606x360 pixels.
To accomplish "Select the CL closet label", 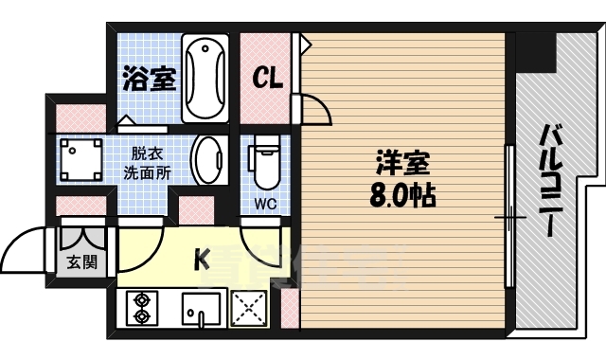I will pyautogui.click(x=266, y=79).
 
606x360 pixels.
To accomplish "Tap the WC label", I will pyautogui.click(x=264, y=203).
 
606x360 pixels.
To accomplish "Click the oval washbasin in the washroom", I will pyautogui.click(x=208, y=159).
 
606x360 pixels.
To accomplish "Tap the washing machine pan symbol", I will pyautogui.click(x=82, y=160).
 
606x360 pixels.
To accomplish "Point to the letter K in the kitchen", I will pyautogui.click(x=201, y=258).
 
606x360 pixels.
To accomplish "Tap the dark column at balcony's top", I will pyautogui.click(x=539, y=52).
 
